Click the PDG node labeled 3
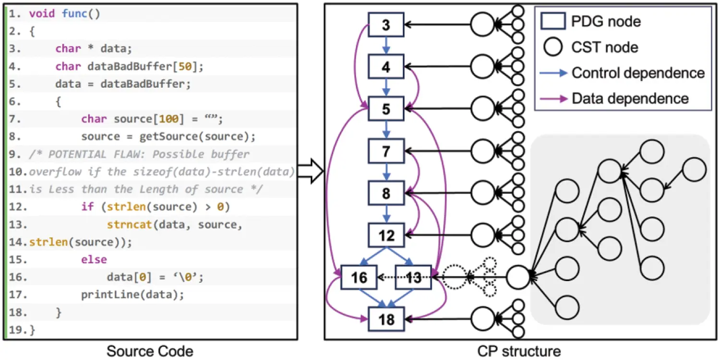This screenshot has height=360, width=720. point(386,24)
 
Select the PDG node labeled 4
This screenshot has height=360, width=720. point(386,67)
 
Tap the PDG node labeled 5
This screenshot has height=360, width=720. point(386,109)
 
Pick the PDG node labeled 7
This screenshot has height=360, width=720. point(386,151)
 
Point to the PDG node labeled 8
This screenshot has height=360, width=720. point(386,193)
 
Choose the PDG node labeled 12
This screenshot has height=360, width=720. point(386,235)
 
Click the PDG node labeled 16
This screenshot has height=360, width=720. point(359,277)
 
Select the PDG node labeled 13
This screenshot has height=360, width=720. point(413,277)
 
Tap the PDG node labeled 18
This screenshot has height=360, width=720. point(386,319)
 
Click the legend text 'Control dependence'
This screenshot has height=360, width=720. point(638,73)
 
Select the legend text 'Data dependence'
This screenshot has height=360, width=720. point(630,98)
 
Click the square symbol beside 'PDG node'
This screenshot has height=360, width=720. point(552,22)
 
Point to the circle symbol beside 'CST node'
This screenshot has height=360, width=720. point(552,47)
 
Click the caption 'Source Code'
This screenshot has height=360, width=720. point(150,351)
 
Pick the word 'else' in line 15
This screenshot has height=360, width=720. point(94,260)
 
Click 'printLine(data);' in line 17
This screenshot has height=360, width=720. point(132,294)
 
